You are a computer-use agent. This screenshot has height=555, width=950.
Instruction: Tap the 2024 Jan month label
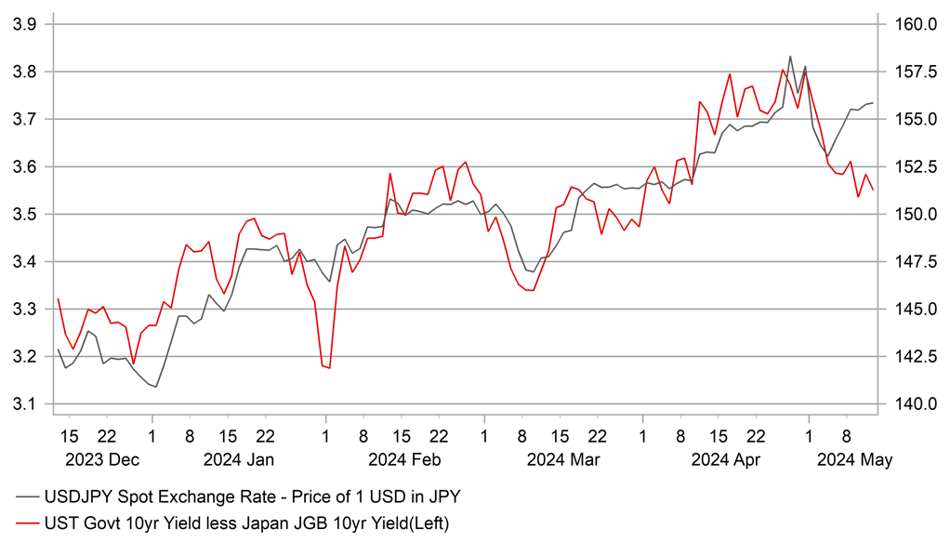pyautogui.click(x=238, y=459)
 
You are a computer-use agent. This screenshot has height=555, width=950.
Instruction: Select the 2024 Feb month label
pyautogui.click(x=403, y=459)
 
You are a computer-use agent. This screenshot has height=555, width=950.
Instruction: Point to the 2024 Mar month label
pyautogui.click(x=562, y=459)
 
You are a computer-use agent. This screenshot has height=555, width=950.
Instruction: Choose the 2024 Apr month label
pyautogui.click(x=728, y=459)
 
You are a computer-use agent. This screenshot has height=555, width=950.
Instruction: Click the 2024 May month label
pyautogui.click(x=853, y=459)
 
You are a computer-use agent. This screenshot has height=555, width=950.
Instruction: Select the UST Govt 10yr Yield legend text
pyautogui.click(x=246, y=524)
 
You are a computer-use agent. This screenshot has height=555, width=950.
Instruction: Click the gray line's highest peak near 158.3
pyautogui.click(x=790, y=57)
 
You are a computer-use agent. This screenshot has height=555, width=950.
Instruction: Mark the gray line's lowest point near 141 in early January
pyautogui.click(x=155, y=387)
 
